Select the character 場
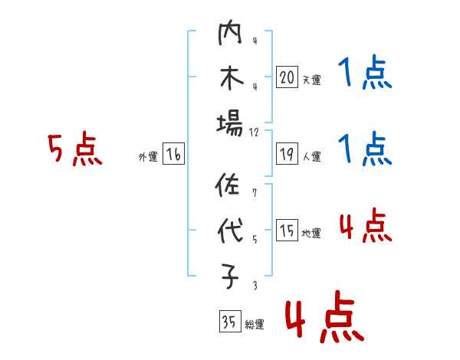(x=229, y=123)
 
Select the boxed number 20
(x=287, y=77)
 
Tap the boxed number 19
(x=287, y=154)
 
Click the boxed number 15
(x=287, y=231)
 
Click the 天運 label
(x=311, y=80)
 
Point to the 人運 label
(x=311, y=157)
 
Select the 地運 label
(x=311, y=234)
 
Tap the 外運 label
(x=148, y=157)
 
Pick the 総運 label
(x=255, y=324)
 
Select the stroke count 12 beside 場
(x=255, y=132)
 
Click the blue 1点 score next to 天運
(x=365, y=74)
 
